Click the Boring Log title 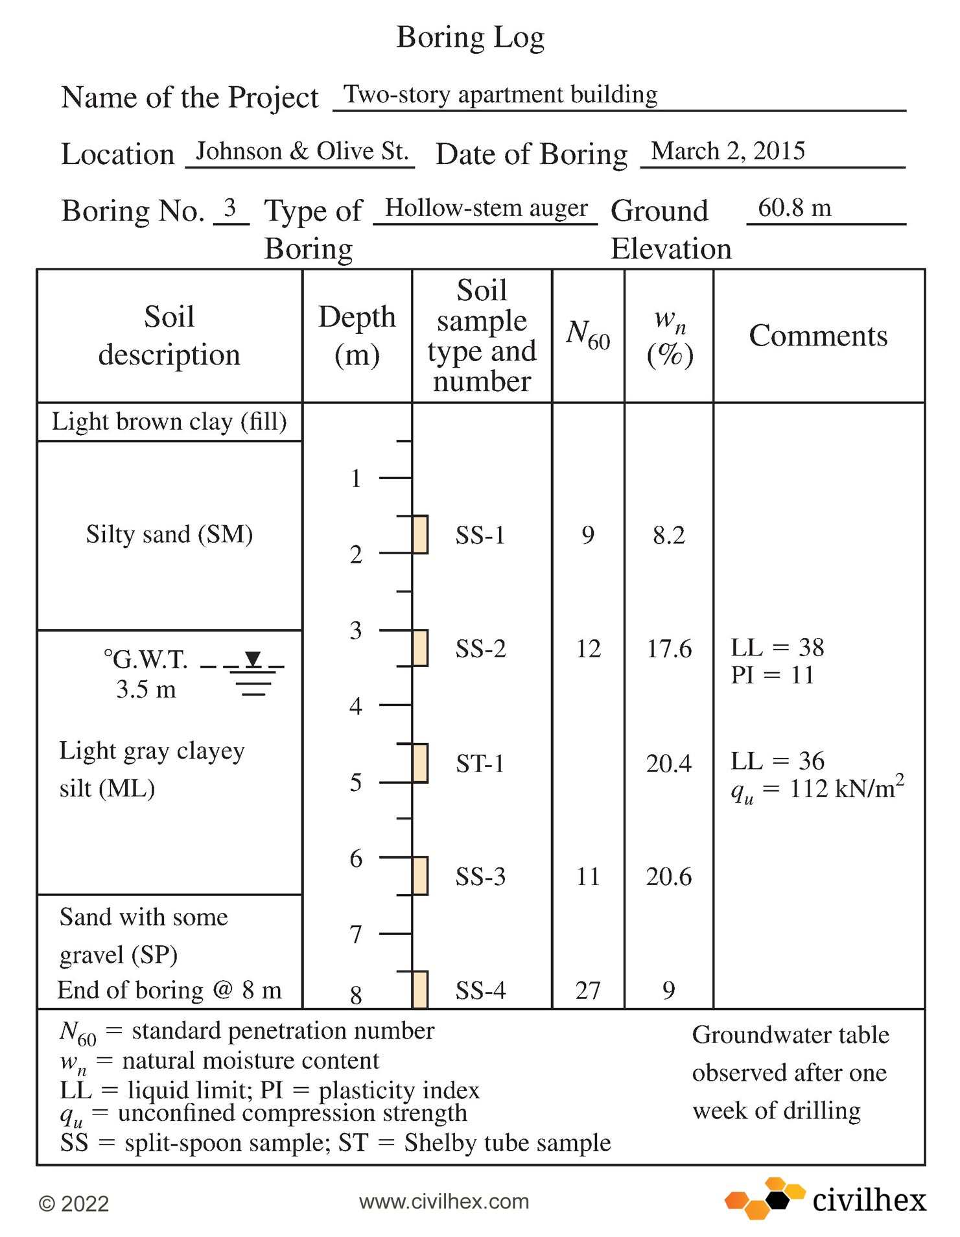point(470,37)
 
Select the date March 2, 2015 point(727,151)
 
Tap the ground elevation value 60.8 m point(794,208)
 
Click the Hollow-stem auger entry point(486,208)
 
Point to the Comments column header point(817,336)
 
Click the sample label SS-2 point(480,648)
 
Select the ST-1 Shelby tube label point(480,763)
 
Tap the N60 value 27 point(587,991)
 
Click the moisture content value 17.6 point(668,648)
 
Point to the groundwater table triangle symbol point(253,659)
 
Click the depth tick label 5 point(355,782)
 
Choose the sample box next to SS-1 point(420,534)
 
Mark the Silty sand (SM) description point(169,534)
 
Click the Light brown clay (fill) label point(169,421)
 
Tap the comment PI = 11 point(771,676)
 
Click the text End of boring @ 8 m point(169,990)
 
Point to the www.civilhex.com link point(444,1201)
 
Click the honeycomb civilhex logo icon point(765,1198)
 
